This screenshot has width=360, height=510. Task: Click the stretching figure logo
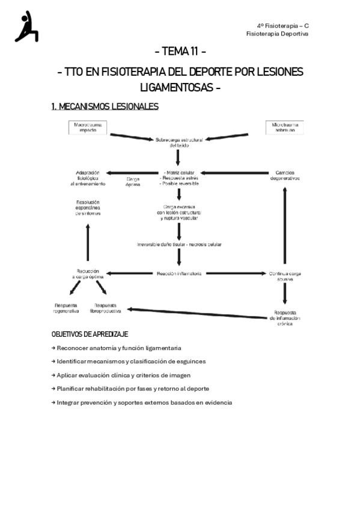26,26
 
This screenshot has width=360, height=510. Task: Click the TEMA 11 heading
180,51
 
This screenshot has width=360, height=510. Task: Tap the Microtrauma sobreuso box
285,127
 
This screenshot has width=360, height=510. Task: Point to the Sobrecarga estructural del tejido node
180,142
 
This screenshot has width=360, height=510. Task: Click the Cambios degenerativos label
284,176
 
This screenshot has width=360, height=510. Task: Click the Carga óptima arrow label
133,182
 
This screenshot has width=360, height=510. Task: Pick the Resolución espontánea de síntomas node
88,207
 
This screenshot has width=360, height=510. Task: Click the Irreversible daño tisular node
180,244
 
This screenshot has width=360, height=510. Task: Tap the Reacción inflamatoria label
179,273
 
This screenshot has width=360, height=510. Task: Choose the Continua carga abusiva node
284,276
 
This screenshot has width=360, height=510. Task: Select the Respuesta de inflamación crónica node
285,318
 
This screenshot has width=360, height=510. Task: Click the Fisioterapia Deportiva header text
278,34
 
